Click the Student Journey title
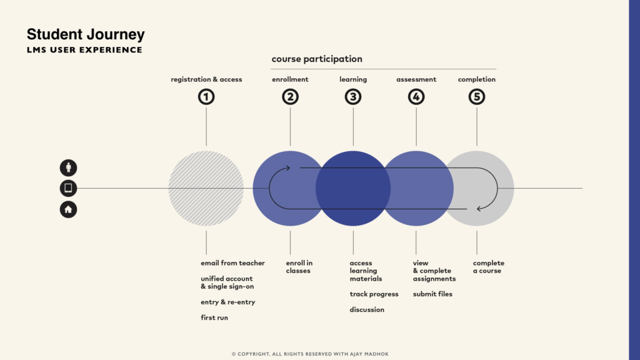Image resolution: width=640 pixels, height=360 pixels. (86, 35)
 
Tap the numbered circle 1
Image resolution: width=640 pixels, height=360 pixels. (206, 97)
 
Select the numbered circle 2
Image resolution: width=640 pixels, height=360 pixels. (290, 97)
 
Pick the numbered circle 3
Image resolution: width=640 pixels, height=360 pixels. (353, 97)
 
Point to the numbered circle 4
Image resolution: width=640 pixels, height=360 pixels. (416, 97)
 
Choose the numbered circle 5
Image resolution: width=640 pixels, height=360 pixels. (477, 97)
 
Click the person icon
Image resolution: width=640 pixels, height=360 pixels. (69, 167)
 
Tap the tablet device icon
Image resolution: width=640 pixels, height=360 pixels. (69, 188)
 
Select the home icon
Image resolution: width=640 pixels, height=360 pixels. (69, 209)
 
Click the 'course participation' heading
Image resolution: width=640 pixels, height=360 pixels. (317, 59)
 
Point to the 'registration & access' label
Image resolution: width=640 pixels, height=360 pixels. (206, 79)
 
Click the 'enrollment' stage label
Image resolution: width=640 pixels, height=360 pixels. (290, 79)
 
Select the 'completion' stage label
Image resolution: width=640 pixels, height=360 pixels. (477, 79)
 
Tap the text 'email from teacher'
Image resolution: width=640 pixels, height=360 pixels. (232, 263)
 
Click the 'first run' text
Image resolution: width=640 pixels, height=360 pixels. (214, 317)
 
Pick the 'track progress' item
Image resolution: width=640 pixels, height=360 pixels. (374, 294)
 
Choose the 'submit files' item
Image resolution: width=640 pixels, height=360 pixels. (432, 294)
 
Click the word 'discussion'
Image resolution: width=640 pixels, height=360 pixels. (367, 310)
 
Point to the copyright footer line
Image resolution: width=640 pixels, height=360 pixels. (310, 354)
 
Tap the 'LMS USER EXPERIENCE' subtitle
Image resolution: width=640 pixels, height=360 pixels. (84, 50)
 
